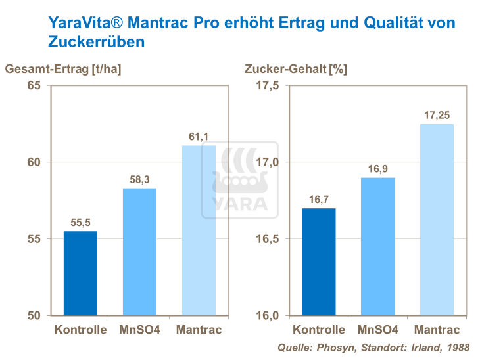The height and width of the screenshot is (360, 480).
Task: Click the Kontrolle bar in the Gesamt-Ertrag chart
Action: [80, 273]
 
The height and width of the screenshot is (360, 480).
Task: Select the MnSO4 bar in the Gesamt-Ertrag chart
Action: [139, 252]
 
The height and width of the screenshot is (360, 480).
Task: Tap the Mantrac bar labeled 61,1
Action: [199, 230]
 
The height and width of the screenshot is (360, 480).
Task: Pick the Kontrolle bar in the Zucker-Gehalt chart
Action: [318, 261]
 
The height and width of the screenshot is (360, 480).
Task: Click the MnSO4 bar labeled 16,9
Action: [377, 246]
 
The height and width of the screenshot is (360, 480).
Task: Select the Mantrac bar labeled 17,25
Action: [437, 219]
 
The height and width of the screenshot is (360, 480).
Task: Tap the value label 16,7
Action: [318, 200]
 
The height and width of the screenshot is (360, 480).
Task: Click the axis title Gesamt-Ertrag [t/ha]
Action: [63, 68]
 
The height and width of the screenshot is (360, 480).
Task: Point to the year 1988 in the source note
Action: [457, 347]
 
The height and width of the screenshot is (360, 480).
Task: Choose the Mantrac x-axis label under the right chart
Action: [437, 330]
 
